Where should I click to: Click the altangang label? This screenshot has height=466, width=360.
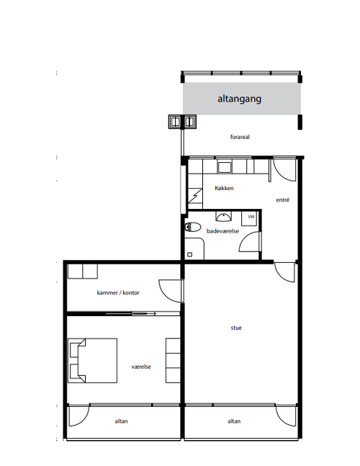tap(240, 99)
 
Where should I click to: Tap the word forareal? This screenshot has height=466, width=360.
tap(240, 137)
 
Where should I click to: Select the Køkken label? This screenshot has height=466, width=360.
tap(224, 188)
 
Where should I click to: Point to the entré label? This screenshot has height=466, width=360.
tap(282, 200)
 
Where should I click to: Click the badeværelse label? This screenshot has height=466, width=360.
tap(222, 231)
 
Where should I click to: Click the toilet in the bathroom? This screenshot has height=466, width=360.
tap(192, 228)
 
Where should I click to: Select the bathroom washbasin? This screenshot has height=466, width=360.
tap(223, 217)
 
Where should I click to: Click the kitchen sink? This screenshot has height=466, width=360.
tap(225, 167)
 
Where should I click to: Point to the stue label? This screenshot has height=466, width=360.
tap(236, 328)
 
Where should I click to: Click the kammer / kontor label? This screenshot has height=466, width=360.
tap(118, 292)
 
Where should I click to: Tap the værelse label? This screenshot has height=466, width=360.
tap(141, 367)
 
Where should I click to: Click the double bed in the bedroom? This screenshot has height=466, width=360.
tap(92, 361)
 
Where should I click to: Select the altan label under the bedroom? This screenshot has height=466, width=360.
tap(121, 421)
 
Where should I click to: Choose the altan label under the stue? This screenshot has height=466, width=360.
tap(234, 421)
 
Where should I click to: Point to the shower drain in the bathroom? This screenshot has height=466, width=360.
tap(190, 254)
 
